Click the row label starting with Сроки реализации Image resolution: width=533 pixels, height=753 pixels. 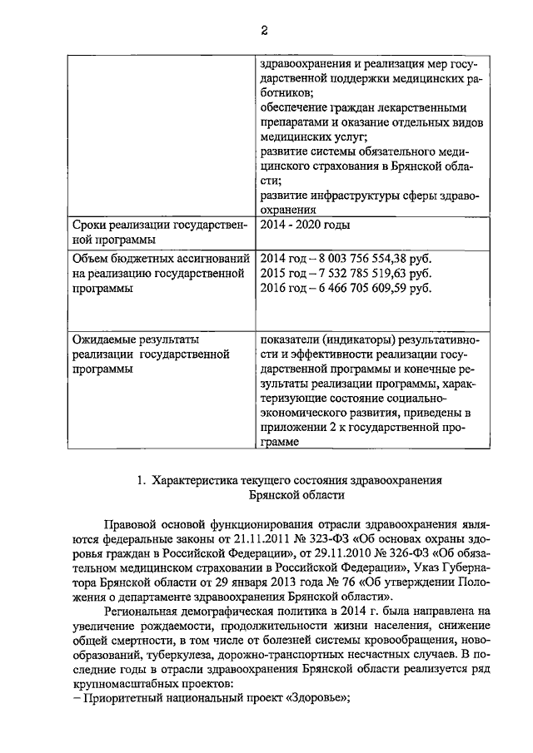[x=159, y=233]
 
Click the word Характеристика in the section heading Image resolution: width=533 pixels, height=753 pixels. [x=197, y=481]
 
